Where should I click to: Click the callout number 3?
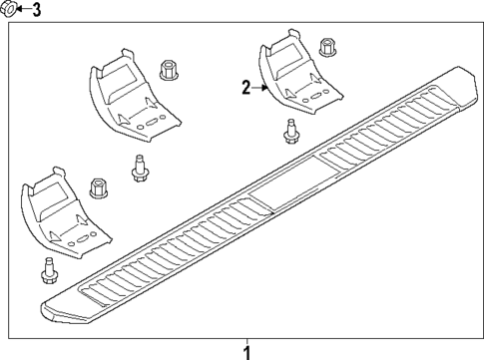pos(37,11)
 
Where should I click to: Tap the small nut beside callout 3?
pos(9,11)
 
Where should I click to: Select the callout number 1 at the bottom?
pos(247,350)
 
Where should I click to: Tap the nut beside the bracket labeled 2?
pos(326,47)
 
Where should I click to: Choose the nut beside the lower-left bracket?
pos(99,187)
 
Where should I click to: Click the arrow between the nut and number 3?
pos(22,11)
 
